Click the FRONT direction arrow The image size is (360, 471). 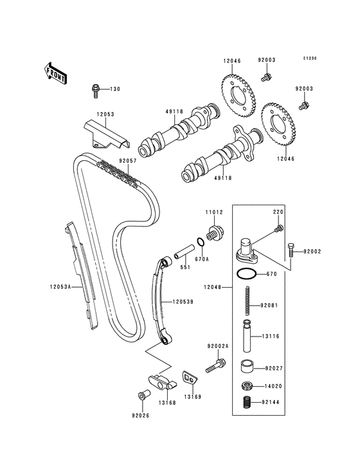coord(56,73)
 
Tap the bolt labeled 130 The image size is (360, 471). coord(95,91)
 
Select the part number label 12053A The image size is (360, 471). coord(60,287)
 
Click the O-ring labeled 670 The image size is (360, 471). coord(246,274)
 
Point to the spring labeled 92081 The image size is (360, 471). coord(248,300)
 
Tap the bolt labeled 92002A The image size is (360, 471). coord(215,365)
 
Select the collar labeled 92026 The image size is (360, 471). coord(142,394)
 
